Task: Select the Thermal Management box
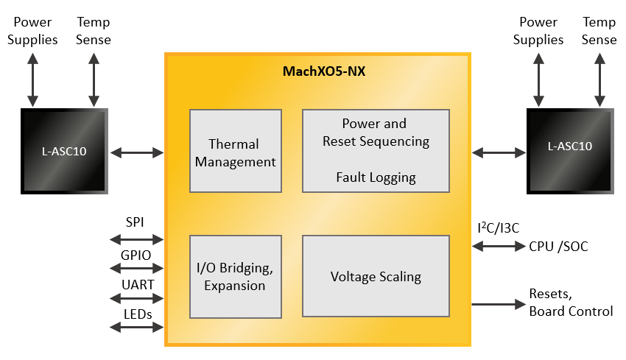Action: coord(236,152)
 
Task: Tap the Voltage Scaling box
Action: coord(376,277)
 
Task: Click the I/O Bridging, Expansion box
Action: coord(236,277)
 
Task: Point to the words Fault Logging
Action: coord(376,177)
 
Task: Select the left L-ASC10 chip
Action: coord(65,152)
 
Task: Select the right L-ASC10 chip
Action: coord(570,152)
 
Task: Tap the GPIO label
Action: coord(136,255)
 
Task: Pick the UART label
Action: coord(136,284)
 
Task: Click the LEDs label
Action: coord(136,314)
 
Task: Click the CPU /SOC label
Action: coord(558,247)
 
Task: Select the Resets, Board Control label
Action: coord(571,303)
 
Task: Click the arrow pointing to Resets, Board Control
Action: coord(497,303)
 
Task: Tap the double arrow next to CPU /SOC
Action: coord(497,247)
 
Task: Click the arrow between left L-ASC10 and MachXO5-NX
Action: coord(137,152)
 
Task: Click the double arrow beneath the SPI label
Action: coord(136,239)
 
